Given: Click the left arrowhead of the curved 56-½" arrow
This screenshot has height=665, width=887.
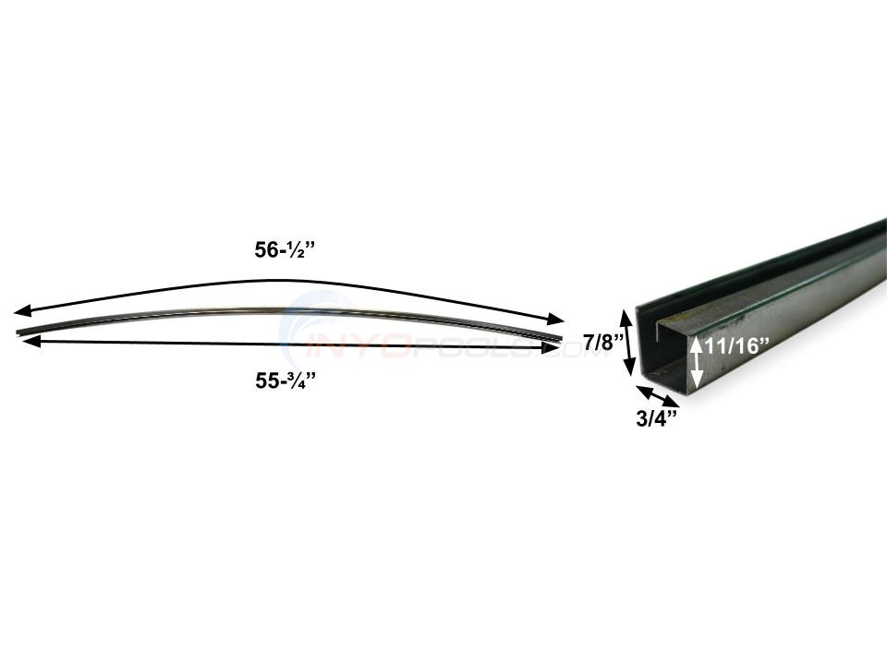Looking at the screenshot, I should click(20, 312).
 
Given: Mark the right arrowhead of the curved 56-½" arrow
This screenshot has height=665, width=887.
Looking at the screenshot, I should click(557, 320).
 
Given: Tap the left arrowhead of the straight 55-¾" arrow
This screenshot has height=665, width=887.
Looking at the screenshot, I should click(28, 342).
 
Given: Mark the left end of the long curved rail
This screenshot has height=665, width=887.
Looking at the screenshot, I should click(18, 332).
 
